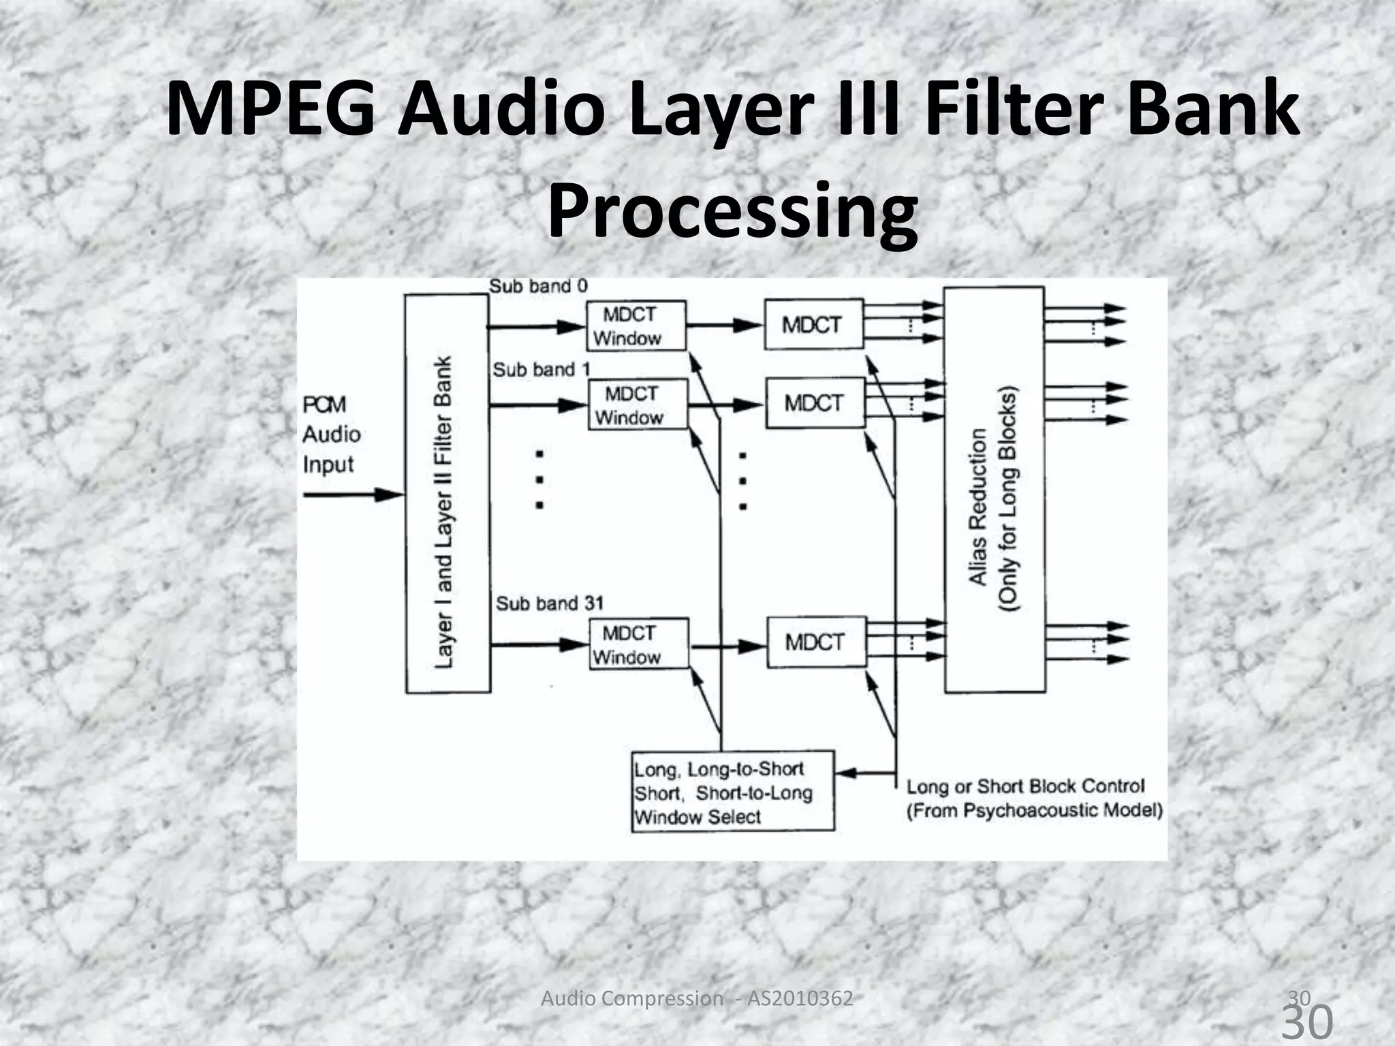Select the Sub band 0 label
pyautogui.click(x=538, y=286)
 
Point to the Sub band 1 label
pyautogui.click(x=542, y=370)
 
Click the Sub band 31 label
pyautogui.click(x=550, y=603)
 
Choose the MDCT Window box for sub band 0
pyautogui.click(x=636, y=326)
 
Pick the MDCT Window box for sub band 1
pyautogui.click(x=638, y=405)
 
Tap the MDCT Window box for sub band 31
pyautogui.click(x=638, y=644)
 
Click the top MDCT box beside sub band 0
pyautogui.click(x=813, y=325)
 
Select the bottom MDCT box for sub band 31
pyautogui.click(x=816, y=641)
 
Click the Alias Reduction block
pyautogui.click(x=994, y=490)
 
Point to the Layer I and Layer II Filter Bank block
pyautogui.click(x=447, y=494)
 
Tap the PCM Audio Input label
pyautogui.click(x=331, y=434)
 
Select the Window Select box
pyautogui.click(x=732, y=791)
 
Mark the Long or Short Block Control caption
pyautogui.click(x=1033, y=798)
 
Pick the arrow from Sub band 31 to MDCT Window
pyautogui.click(x=539, y=644)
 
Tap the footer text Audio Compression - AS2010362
pyautogui.click(x=696, y=998)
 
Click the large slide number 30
pyautogui.click(x=1308, y=1021)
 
